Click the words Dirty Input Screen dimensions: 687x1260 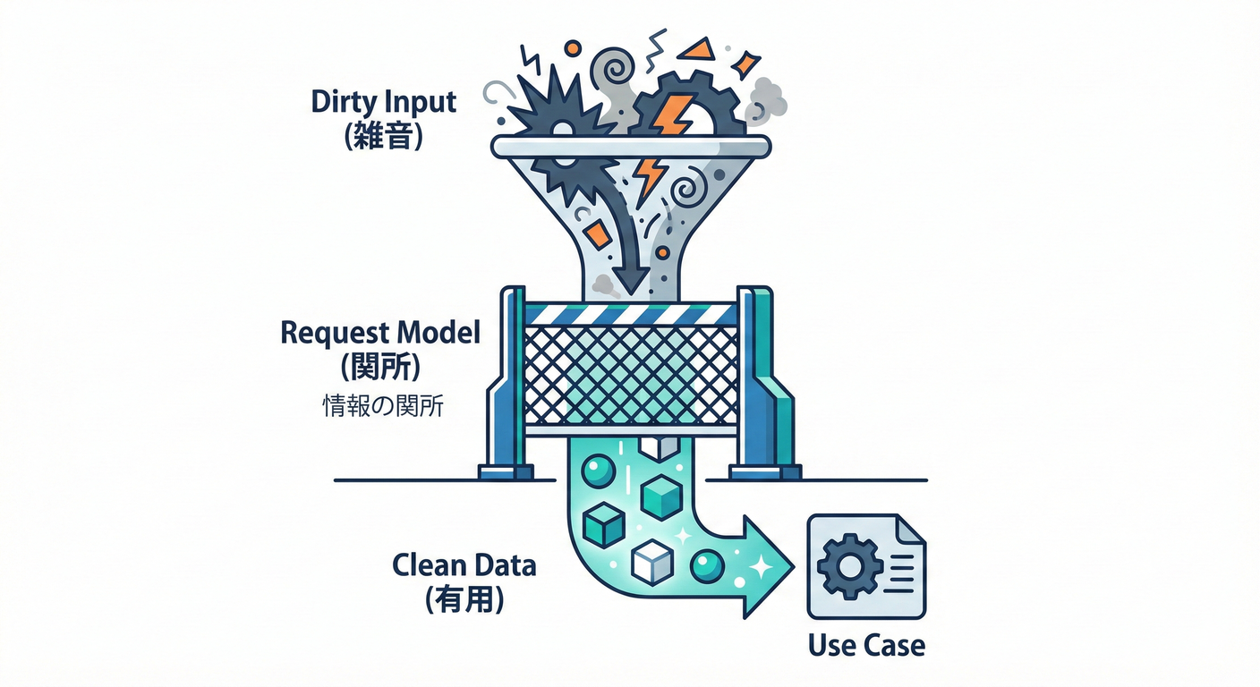tap(384, 102)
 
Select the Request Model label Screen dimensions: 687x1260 tap(380, 334)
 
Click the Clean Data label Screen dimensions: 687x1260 tap(464, 565)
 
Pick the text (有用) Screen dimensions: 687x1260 tap(464, 599)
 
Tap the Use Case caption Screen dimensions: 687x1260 tap(866, 644)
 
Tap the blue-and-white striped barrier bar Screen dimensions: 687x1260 tap(631, 315)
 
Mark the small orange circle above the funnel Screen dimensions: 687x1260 tap(574, 47)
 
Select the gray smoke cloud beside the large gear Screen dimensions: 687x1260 tap(768, 97)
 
